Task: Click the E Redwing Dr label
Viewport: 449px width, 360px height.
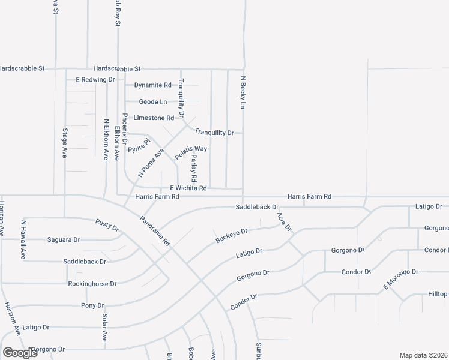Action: tap(95, 79)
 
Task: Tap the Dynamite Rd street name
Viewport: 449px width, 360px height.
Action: tap(152, 85)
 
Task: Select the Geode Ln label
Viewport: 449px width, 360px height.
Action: tap(152, 102)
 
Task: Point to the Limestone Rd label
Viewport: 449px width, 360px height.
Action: tap(153, 118)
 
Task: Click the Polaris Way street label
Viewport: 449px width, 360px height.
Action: tap(191, 152)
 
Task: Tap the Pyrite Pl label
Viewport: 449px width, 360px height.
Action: tap(138, 146)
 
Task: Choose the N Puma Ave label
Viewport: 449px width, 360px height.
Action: tap(151, 163)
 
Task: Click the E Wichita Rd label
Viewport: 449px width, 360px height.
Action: tap(188, 188)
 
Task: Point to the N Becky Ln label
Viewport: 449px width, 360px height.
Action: tap(244, 92)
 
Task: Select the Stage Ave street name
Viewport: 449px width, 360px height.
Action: tap(65, 142)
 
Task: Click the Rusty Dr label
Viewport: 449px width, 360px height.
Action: tap(107, 225)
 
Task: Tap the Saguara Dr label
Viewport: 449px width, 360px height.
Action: tap(63, 240)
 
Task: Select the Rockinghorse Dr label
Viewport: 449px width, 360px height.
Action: tap(92, 283)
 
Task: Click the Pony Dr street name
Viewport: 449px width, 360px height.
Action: tap(92, 305)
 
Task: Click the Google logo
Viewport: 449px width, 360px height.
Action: tap(20, 353)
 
